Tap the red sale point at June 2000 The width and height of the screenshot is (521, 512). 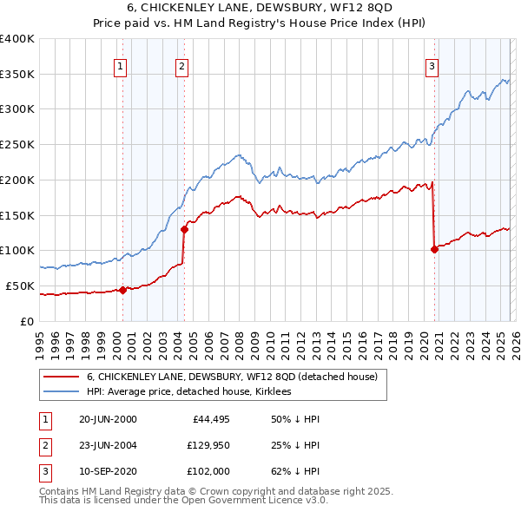click(x=122, y=290)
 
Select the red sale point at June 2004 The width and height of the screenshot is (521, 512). click(x=184, y=229)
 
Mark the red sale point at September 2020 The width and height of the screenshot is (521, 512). click(x=433, y=249)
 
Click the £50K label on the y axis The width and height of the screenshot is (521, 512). click(x=19, y=286)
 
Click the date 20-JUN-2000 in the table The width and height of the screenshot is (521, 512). click(x=108, y=420)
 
